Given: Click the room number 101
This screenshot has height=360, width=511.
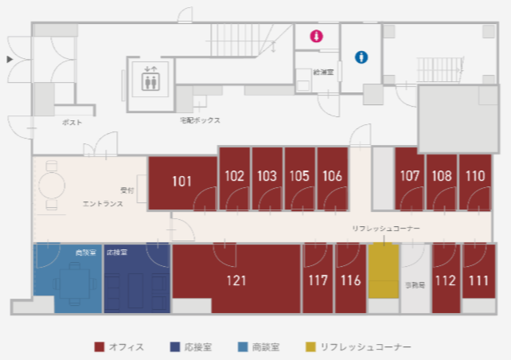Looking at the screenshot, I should (182, 182).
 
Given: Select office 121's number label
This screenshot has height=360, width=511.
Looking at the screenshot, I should (236, 280).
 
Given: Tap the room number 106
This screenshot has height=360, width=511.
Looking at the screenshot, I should (333, 176).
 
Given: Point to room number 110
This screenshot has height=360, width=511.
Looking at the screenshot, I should (475, 176).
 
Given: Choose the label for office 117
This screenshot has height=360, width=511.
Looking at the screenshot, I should (318, 280).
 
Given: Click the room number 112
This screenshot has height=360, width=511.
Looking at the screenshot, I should (445, 280).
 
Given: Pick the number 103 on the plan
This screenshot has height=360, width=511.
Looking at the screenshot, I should (267, 176).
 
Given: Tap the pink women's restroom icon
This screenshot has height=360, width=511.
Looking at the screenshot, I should (316, 36).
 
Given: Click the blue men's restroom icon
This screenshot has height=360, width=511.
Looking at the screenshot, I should (361, 57).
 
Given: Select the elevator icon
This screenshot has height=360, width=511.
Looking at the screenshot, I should (150, 80).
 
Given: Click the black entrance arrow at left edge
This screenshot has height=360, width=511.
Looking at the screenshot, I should (10, 59).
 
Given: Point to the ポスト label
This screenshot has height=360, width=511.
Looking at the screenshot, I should (72, 123).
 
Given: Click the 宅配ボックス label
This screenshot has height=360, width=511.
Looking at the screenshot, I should (200, 120).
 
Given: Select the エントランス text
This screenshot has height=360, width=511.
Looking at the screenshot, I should (103, 205).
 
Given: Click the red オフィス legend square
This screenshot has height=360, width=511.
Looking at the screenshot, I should (99, 347).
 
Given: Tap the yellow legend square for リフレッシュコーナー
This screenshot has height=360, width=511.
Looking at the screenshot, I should (310, 347).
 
